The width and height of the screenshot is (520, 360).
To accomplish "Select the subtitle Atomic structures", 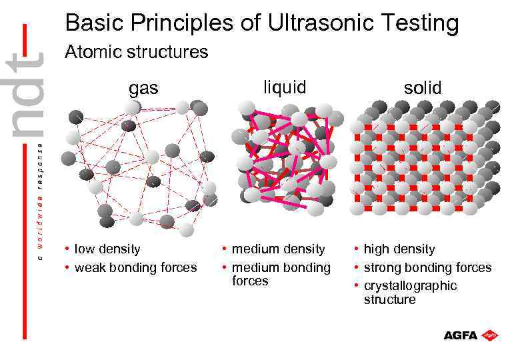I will [136, 51].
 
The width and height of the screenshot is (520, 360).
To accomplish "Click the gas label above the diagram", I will [143, 87].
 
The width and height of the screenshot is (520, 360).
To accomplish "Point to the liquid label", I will [285, 87].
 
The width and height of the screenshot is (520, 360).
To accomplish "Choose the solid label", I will [422, 87].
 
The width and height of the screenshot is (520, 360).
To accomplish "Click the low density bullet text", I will [107, 249].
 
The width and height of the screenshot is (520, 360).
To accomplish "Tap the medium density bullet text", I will [277, 249].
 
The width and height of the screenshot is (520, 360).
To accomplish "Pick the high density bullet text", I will [399, 249].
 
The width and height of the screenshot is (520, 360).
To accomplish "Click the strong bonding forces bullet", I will [427, 267].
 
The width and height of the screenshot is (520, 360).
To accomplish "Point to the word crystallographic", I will [410, 285].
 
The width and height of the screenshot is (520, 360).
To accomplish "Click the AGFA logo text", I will [461, 335].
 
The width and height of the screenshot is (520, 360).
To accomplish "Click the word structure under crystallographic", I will [389, 299].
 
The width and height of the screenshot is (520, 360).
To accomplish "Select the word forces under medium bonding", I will [250, 281].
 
